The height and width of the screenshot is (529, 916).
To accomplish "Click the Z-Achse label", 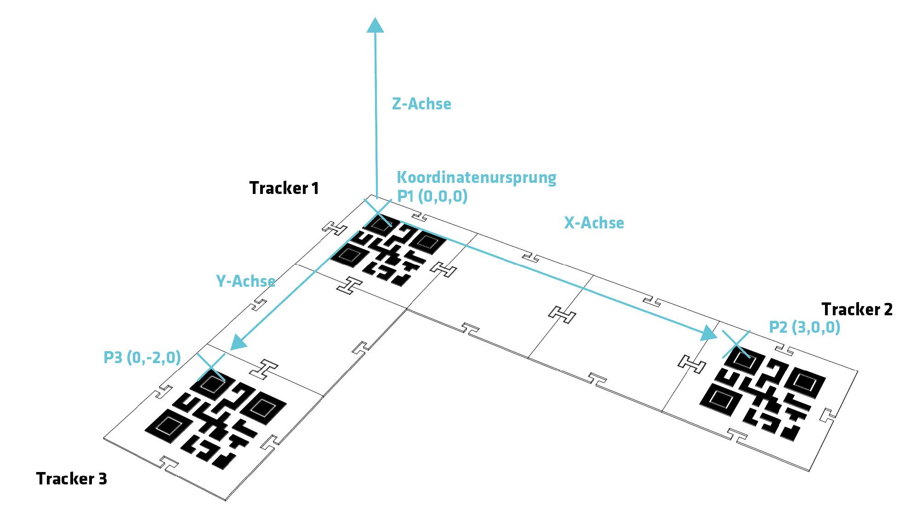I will click(x=421, y=104).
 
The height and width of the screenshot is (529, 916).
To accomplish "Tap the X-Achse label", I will click(x=594, y=223).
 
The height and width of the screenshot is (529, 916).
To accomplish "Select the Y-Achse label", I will click(x=245, y=281).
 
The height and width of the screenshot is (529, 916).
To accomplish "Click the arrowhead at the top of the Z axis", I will click(x=375, y=25).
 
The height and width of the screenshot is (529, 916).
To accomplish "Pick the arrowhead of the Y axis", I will click(x=238, y=342).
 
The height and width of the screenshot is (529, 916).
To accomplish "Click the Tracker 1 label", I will click(x=284, y=188).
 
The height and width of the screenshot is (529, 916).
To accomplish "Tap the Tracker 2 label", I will click(x=857, y=309).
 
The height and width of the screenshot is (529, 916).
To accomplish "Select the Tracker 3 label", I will click(x=71, y=479).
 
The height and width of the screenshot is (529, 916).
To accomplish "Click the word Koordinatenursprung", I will click(x=476, y=177).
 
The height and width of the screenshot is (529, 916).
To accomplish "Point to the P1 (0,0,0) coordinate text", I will click(x=432, y=196).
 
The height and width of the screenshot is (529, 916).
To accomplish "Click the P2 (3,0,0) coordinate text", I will click(x=804, y=327).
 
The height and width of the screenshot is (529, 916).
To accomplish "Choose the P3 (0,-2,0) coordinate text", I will click(x=142, y=358).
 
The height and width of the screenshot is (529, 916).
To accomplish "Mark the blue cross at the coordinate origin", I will click(x=378, y=213).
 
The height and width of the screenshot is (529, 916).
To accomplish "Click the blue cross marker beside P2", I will click(x=736, y=344).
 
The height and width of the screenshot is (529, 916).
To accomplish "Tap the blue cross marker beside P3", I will click(x=211, y=367).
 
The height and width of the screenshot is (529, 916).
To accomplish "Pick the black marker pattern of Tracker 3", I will click(x=216, y=421).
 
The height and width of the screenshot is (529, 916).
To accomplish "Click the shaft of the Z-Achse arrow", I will click(x=376, y=115).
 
